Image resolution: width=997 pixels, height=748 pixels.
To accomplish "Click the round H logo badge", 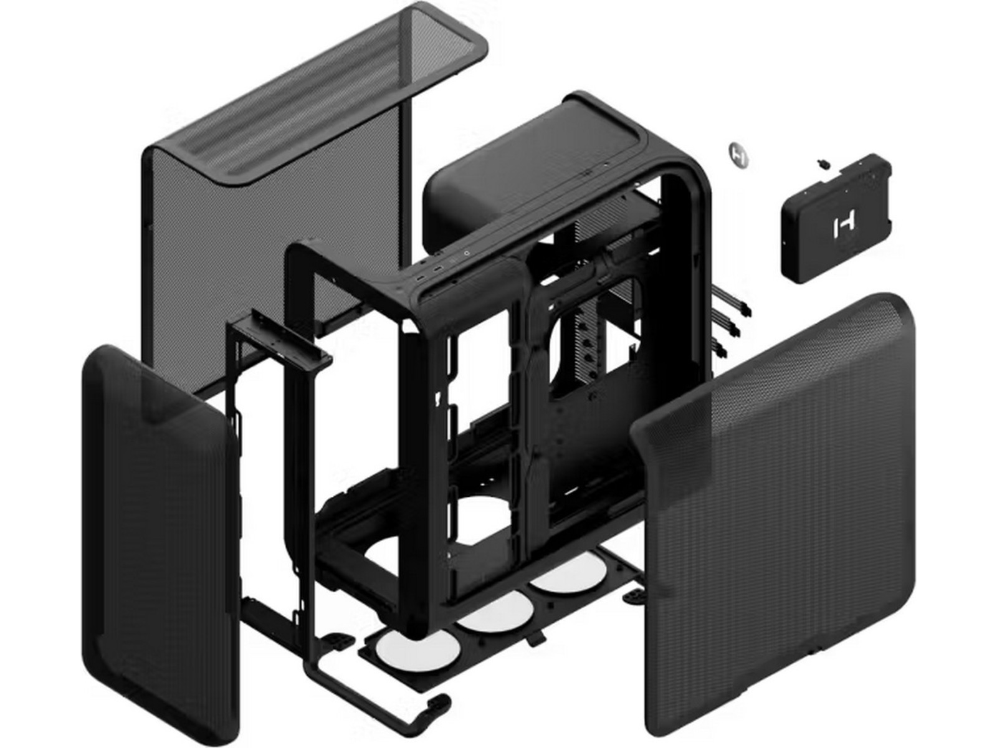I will click(738, 154).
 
